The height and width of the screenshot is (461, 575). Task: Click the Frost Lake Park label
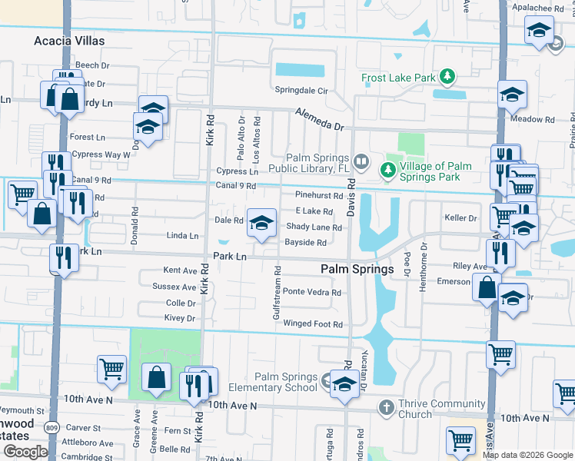coord(399,78)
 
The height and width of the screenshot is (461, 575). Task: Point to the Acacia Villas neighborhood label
coord(69,41)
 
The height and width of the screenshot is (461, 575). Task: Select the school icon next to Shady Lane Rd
coord(261,223)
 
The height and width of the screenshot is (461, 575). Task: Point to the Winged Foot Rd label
coord(313,324)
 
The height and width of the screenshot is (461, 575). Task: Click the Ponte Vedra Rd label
coord(312,293)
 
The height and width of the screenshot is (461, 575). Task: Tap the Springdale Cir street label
coord(302,91)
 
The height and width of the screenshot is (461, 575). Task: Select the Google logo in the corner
coord(26,452)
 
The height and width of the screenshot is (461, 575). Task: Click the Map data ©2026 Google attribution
coord(528,455)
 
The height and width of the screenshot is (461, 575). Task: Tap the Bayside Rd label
coord(306,243)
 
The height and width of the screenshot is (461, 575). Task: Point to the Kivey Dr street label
coord(181,318)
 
